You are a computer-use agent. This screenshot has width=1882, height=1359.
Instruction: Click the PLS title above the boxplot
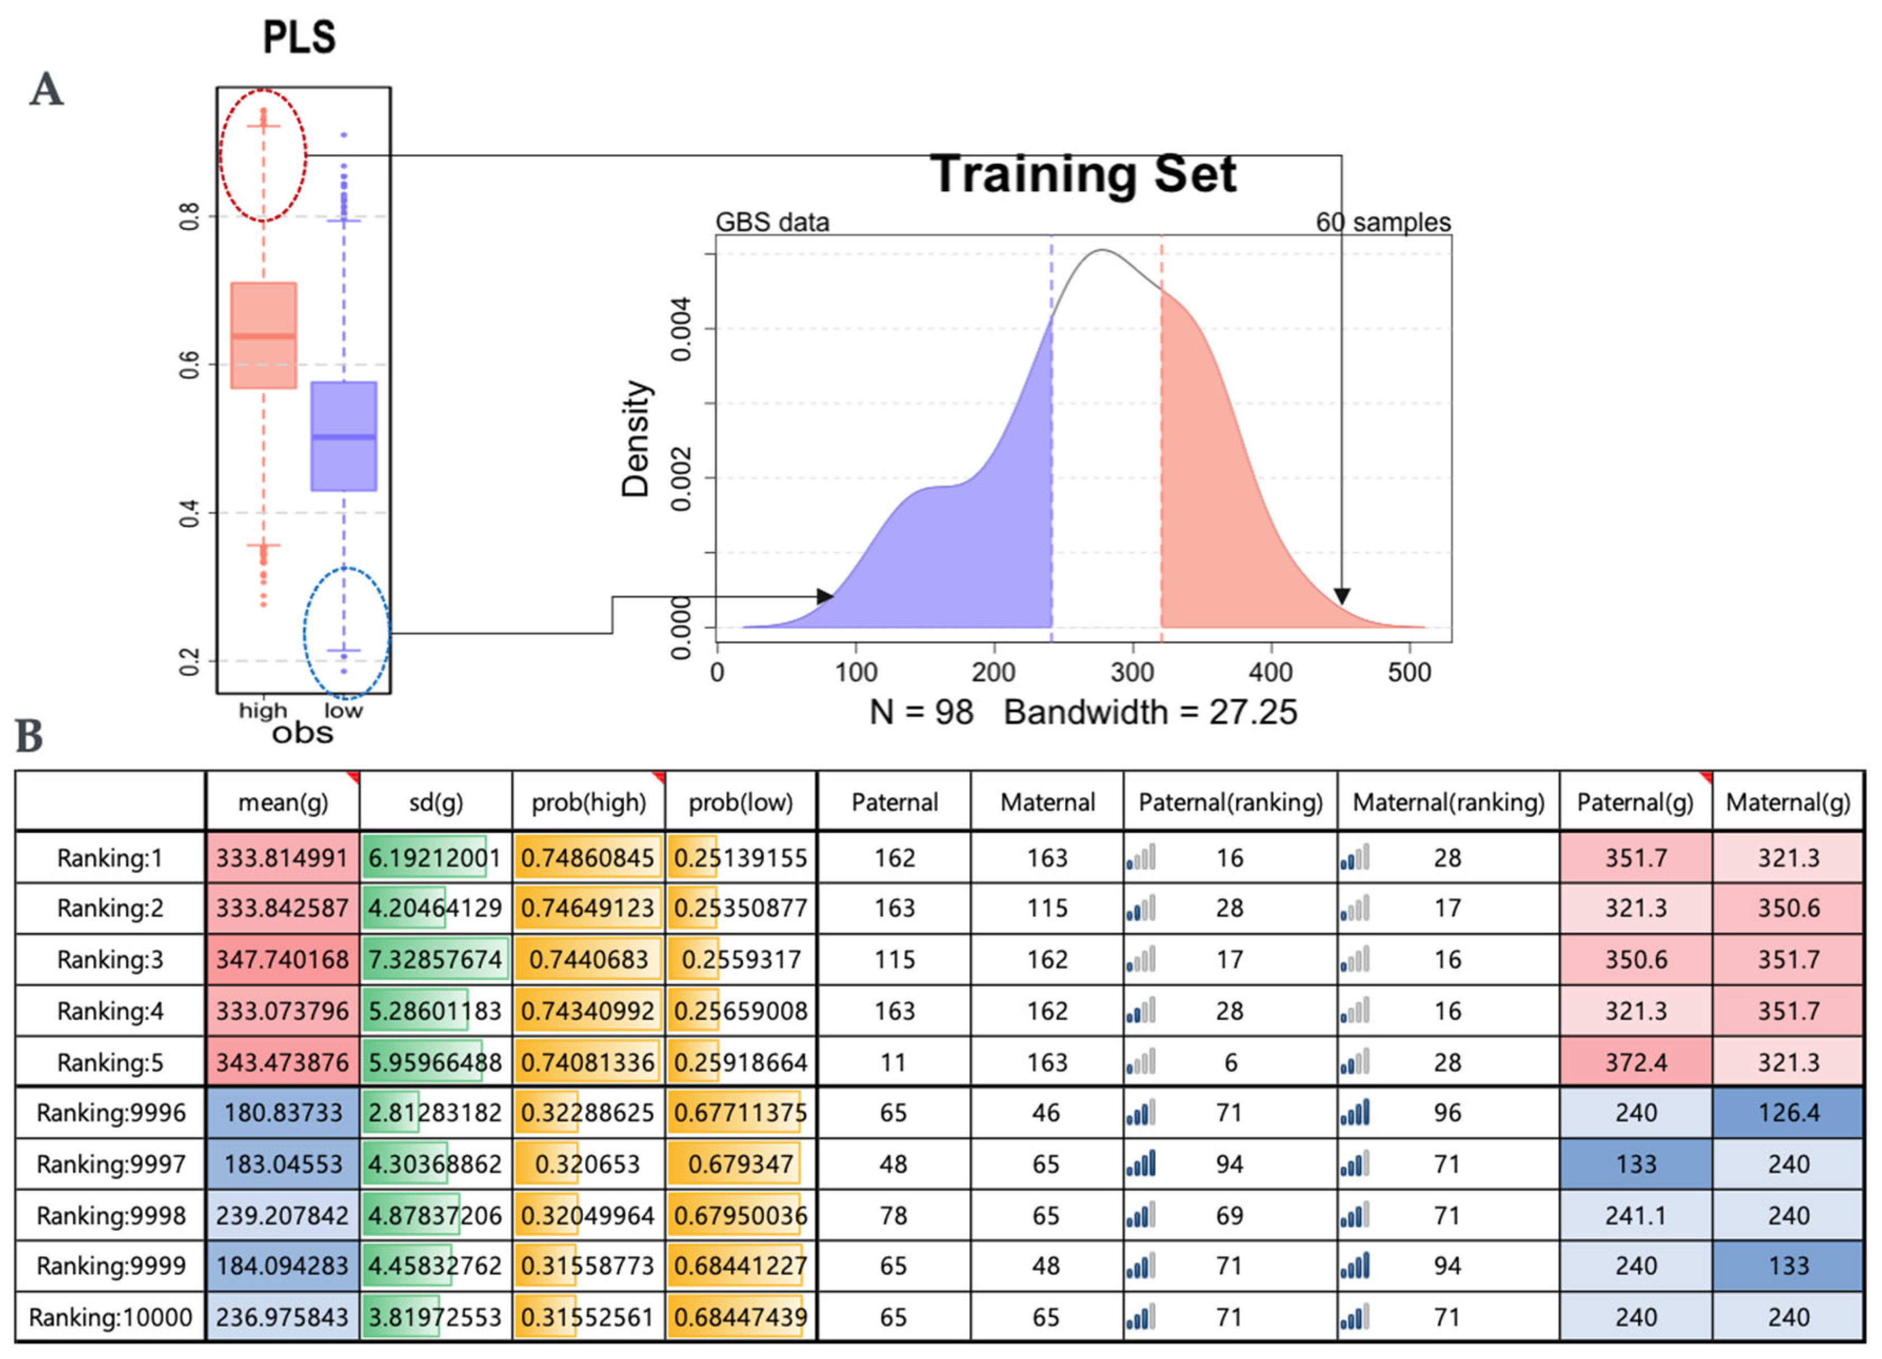pyautogui.click(x=299, y=37)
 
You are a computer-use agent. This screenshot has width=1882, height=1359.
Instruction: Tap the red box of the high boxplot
pyautogui.click(x=263, y=335)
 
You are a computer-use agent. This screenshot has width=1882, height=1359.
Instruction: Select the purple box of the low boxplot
pyautogui.click(x=344, y=436)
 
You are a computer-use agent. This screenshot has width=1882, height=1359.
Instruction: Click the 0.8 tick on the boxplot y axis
pyautogui.click(x=190, y=216)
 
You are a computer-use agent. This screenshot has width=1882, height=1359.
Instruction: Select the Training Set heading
pyautogui.click(x=1083, y=174)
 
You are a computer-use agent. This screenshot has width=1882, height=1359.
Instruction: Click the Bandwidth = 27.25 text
pyautogui.click(x=1150, y=712)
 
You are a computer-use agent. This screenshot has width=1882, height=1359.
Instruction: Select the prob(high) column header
pyautogui.click(x=589, y=803)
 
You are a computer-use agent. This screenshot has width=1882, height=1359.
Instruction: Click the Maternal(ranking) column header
pyautogui.click(x=1448, y=803)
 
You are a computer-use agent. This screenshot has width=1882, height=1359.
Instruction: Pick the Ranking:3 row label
pyautogui.click(x=110, y=959)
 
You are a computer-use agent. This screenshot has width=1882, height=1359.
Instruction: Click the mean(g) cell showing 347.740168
pyautogui.click(x=282, y=959)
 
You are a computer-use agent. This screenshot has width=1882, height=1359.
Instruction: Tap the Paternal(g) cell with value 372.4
pyautogui.click(x=1635, y=1062)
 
